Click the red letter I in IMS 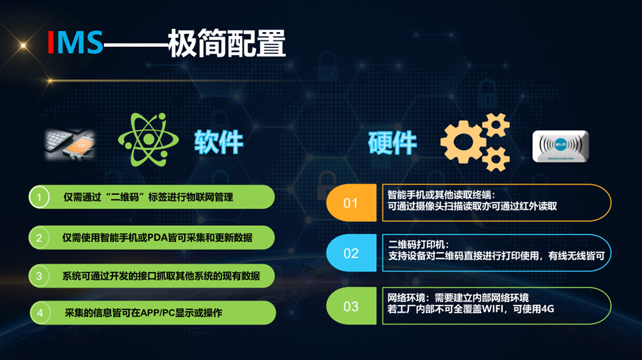tap(51, 42)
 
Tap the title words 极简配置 tap(227, 42)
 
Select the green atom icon tap(148, 139)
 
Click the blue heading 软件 tap(219, 142)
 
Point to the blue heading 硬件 tap(392, 142)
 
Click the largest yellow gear tap(463, 142)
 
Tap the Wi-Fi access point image tap(560, 146)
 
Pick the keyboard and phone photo tap(70, 144)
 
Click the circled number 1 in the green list tap(39, 197)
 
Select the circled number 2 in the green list tap(39, 237)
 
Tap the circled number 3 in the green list tap(39, 276)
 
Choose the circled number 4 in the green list tap(40, 313)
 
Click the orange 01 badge tap(351, 203)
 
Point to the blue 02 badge tap(351, 253)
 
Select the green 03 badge tap(351, 306)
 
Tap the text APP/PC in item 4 tap(158, 313)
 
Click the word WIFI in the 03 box tap(492, 309)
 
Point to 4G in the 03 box tap(548, 309)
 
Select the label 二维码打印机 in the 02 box tap(416, 244)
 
